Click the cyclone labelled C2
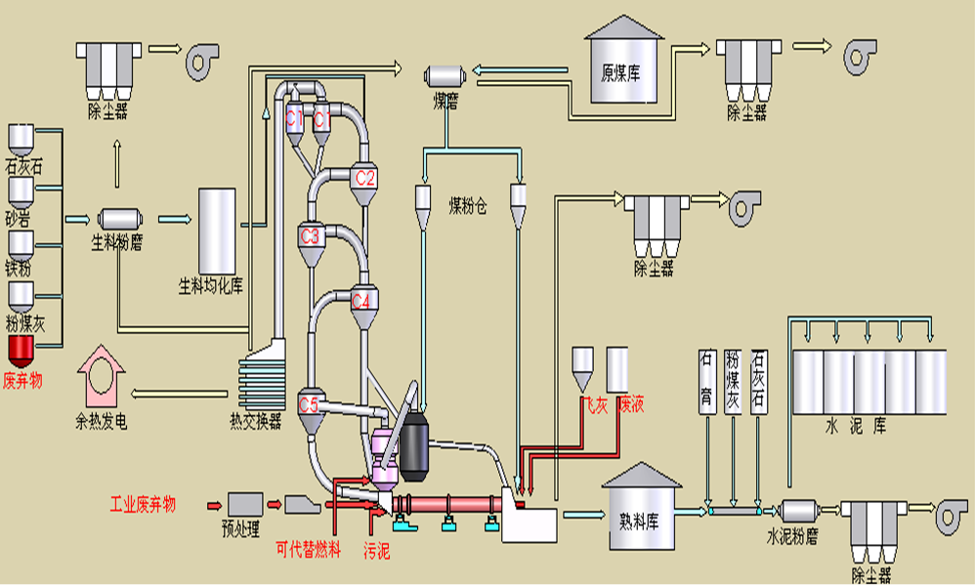click(364, 180)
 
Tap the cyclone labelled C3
click(311, 238)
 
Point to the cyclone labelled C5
click(309, 402)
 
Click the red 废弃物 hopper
click(21, 349)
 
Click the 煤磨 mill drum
click(445, 76)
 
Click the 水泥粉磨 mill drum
click(800, 511)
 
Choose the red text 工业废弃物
click(143, 505)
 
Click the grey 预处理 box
click(243, 504)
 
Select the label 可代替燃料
click(308, 551)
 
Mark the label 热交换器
click(256, 422)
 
